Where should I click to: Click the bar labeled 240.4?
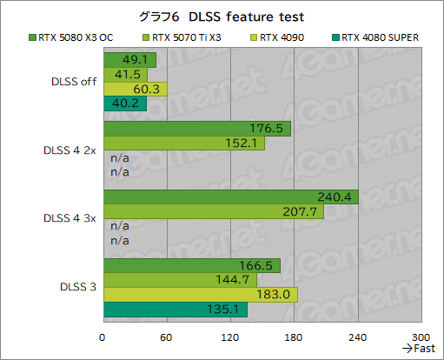click(x=230, y=197)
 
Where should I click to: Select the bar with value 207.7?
click(x=213, y=211)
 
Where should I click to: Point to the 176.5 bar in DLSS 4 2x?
click(x=196, y=129)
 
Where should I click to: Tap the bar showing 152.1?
click(x=183, y=143)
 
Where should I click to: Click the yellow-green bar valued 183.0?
click(x=200, y=295)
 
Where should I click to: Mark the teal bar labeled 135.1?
click(x=175, y=310)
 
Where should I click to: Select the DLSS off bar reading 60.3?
click(x=135, y=89)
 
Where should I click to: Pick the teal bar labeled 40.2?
click(x=124, y=103)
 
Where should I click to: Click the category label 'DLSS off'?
click(x=73, y=83)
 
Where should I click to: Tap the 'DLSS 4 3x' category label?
click(x=68, y=217)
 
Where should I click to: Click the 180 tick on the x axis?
click(x=294, y=337)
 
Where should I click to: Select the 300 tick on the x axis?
click(x=421, y=337)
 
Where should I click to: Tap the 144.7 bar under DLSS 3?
click(x=179, y=280)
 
